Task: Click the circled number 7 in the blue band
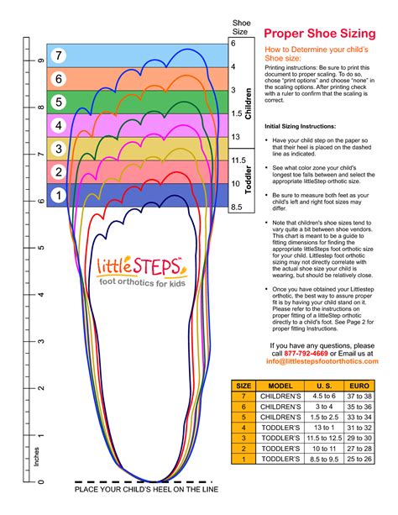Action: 59,55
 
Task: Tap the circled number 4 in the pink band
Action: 59,126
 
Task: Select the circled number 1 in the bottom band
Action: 59,196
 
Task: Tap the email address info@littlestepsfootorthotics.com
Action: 322,362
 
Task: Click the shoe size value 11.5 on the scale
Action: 238,160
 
